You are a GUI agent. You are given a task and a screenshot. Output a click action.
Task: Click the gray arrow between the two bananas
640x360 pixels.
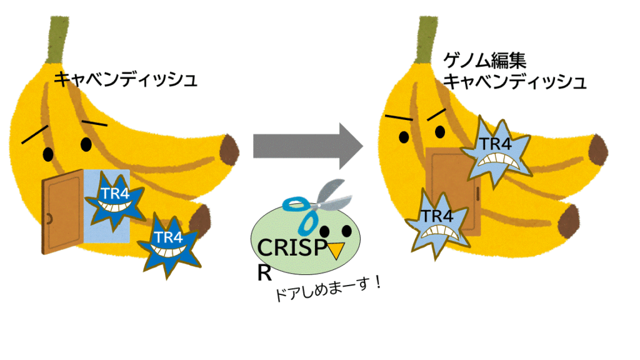[x=307, y=146]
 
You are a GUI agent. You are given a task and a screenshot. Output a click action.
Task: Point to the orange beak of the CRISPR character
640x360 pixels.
[x=337, y=250]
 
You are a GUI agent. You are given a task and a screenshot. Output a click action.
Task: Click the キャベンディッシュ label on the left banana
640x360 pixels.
[x=125, y=80]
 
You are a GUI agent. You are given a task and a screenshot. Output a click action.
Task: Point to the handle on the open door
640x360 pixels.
[x=47, y=218]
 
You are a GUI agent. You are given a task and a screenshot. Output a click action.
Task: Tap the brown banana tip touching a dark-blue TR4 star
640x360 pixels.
[x=201, y=221]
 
